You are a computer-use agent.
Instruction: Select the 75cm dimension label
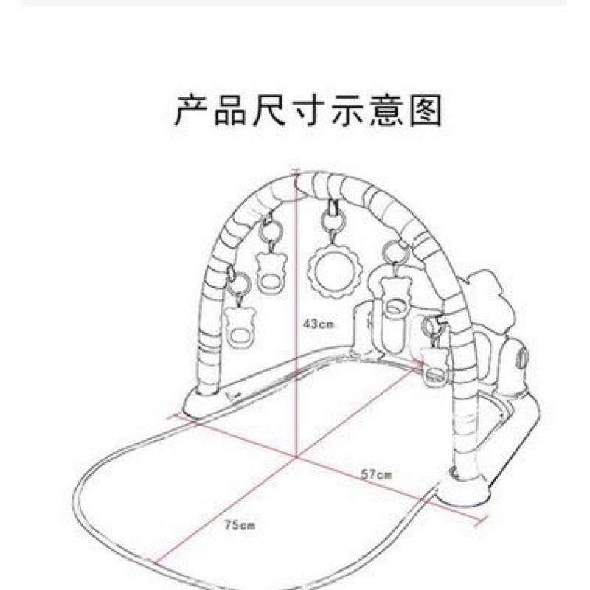point(239,526)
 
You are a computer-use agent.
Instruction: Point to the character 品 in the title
point(228,111)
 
